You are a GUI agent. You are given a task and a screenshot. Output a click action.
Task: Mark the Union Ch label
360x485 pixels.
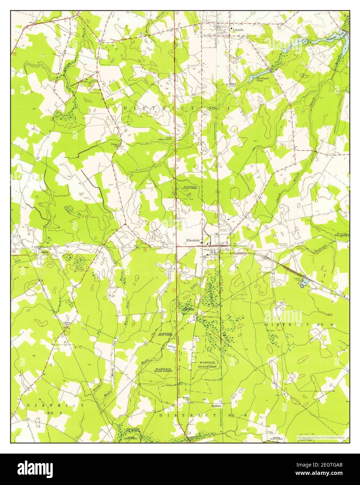tap(114, 145)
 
